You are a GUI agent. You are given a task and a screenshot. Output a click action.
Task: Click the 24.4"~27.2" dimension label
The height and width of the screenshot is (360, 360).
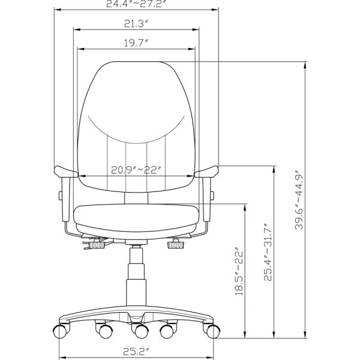pyautogui.click(x=136, y=4)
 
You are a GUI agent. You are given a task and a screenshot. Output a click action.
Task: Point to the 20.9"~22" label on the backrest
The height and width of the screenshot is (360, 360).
pyautogui.click(x=137, y=170)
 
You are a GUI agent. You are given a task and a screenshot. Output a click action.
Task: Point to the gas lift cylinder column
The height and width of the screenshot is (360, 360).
pyautogui.click(x=136, y=276)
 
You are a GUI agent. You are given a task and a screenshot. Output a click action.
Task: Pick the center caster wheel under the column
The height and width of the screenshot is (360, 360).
pyautogui.click(x=138, y=331)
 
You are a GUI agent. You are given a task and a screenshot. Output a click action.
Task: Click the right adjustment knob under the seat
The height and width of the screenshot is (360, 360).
pyautogui.click(x=176, y=245)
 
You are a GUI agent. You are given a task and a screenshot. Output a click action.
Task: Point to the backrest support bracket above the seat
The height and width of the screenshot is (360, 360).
pyautogui.click(x=136, y=197)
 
